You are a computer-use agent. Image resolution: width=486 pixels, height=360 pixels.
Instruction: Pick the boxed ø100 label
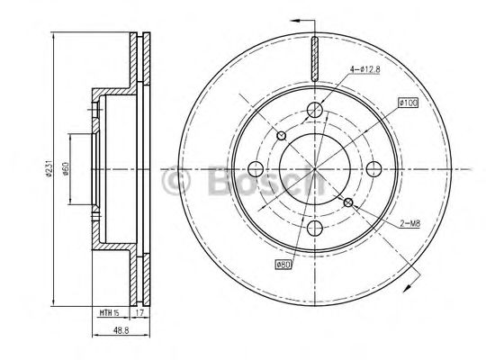tap(406, 103)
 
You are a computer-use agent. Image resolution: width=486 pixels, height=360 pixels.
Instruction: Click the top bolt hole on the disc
tap(314, 110)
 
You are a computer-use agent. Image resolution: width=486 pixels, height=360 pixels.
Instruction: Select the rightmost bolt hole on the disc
tap(373, 168)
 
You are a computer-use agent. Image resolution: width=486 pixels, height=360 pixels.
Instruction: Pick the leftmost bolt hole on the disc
tap(255, 168)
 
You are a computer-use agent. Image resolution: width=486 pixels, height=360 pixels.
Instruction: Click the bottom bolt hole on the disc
tap(314, 228)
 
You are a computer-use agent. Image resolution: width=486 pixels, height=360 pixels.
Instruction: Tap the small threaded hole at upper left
tap(281, 136)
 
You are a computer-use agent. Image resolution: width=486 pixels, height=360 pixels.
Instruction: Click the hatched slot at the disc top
tap(314, 58)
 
